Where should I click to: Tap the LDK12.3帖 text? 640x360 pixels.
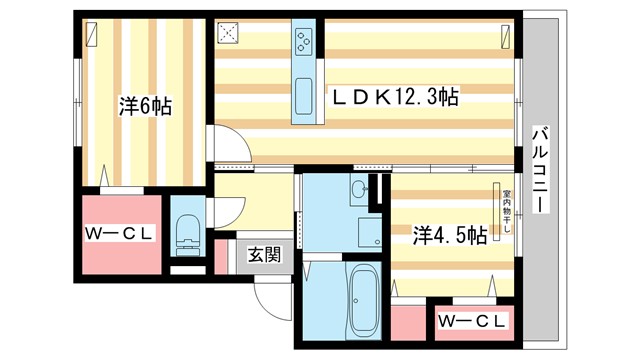[x=395, y=98]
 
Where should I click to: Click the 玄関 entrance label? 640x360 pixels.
[x=265, y=254]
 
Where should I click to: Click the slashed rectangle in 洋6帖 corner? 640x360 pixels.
[x=92, y=33]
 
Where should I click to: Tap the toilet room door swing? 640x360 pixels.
[x=231, y=208]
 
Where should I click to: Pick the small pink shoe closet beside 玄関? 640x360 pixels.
[x=221, y=255]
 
